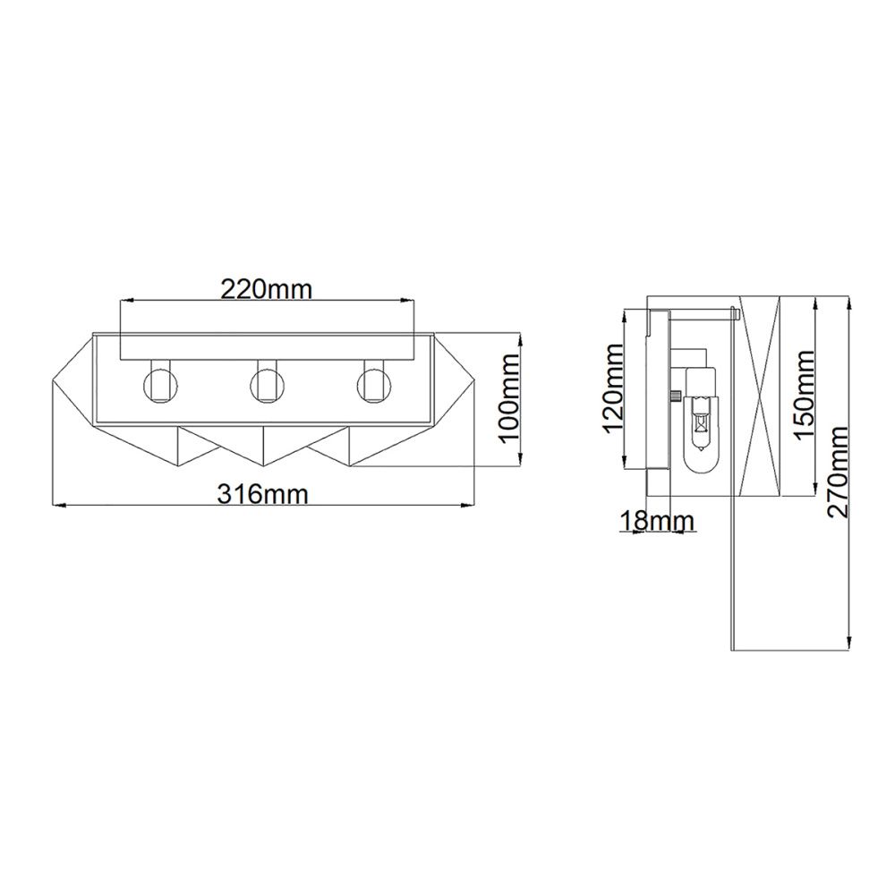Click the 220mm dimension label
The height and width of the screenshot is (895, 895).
point(267,289)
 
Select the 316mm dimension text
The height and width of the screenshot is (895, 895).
point(262,494)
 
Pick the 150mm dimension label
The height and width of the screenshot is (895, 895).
point(804,395)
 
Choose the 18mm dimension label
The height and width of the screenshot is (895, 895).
point(657,521)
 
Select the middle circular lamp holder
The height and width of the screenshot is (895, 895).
point(264,384)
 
